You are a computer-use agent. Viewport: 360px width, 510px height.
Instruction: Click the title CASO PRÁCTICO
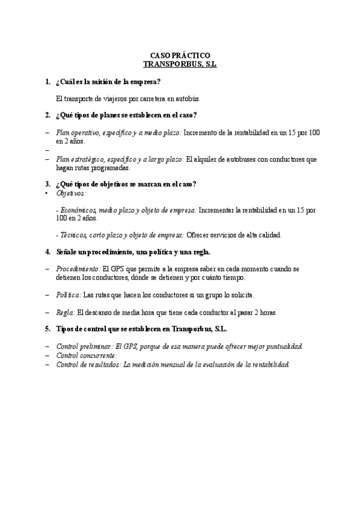[180, 55]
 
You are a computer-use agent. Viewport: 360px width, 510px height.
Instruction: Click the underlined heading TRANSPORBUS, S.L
[180, 63]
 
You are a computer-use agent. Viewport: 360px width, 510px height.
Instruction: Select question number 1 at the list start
[47, 81]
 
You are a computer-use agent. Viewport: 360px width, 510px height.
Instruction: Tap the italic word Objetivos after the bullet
[71, 193]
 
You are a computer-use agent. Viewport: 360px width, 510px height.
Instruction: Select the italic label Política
[68, 295]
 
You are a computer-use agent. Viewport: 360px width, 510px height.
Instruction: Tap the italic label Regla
[66, 312]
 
